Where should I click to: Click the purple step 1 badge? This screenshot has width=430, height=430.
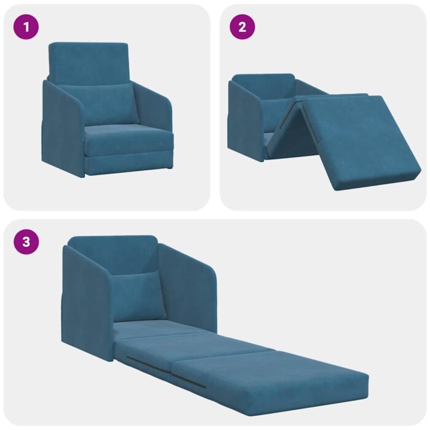coord(26,27)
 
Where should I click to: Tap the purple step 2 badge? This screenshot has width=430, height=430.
coord(242,27)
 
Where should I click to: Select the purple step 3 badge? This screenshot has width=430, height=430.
coord(26,241)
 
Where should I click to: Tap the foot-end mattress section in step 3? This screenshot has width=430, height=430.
coord(270,378)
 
